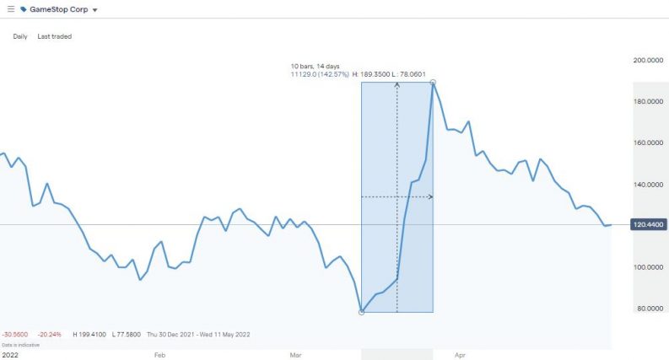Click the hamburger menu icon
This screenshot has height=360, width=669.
tap(10, 8)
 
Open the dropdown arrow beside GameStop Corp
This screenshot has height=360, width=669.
tap(94, 9)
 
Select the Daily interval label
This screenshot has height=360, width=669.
tap(20, 36)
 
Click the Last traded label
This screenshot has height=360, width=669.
tap(55, 36)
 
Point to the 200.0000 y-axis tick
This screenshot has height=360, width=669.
tap(649, 61)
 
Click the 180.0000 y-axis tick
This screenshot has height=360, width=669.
tap(649, 102)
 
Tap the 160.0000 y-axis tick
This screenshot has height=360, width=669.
tap(649, 143)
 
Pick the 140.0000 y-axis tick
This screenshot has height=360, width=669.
tap(649, 185)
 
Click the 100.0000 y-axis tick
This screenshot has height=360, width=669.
tap(649, 267)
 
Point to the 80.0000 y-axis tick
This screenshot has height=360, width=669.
tap(650, 309)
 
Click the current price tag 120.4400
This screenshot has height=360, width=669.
tap(649, 224)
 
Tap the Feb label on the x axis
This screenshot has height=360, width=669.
tap(159, 355)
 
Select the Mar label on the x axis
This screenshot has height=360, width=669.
tap(295, 355)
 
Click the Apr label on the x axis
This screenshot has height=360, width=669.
tap(459, 355)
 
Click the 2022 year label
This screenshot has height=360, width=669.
tap(10, 355)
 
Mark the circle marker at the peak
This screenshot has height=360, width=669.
tap(433, 83)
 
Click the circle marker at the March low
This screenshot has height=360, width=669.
tap(362, 312)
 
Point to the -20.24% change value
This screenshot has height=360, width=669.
tap(49, 334)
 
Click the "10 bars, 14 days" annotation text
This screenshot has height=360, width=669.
tap(316, 65)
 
